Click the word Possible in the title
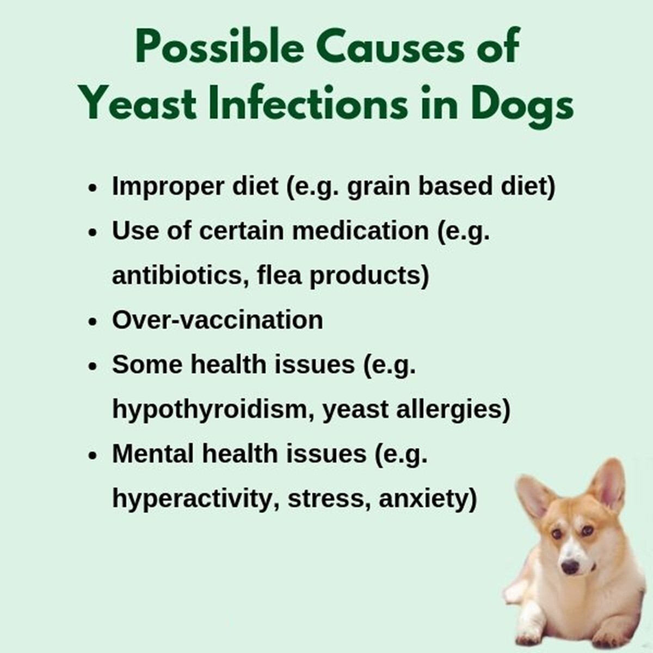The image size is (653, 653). pyautogui.click(x=220, y=47)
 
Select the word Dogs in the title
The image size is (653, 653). pyautogui.click(x=522, y=107)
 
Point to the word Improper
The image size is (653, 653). pyautogui.click(x=168, y=187)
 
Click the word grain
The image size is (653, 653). pyautogui.click(x=379, y=187)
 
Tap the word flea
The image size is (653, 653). pyautogui.click(x=279, y=275)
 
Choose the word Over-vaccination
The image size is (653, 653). pyautogui.click(x=218, y=319)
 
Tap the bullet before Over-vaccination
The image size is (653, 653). pyautogui.click(x=92, y=322)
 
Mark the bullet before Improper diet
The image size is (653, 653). pyautogui.click(x=92, y=188)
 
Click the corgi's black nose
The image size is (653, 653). pyautogui.click(x=570, y=566)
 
